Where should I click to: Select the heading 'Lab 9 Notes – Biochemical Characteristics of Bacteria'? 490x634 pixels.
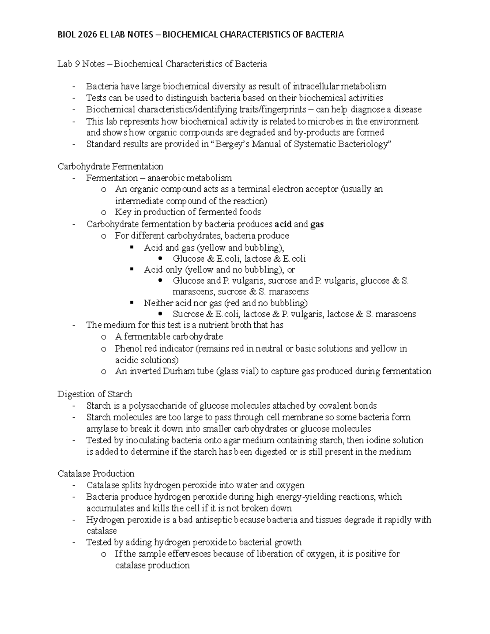tap(162, 64)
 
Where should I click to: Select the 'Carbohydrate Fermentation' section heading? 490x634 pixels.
tap(110, 167)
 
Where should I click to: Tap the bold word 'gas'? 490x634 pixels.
tap(317, 224)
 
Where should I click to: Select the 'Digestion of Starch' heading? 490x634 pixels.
tap(95, 394)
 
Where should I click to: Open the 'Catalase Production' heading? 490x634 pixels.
tap(96, 474)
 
